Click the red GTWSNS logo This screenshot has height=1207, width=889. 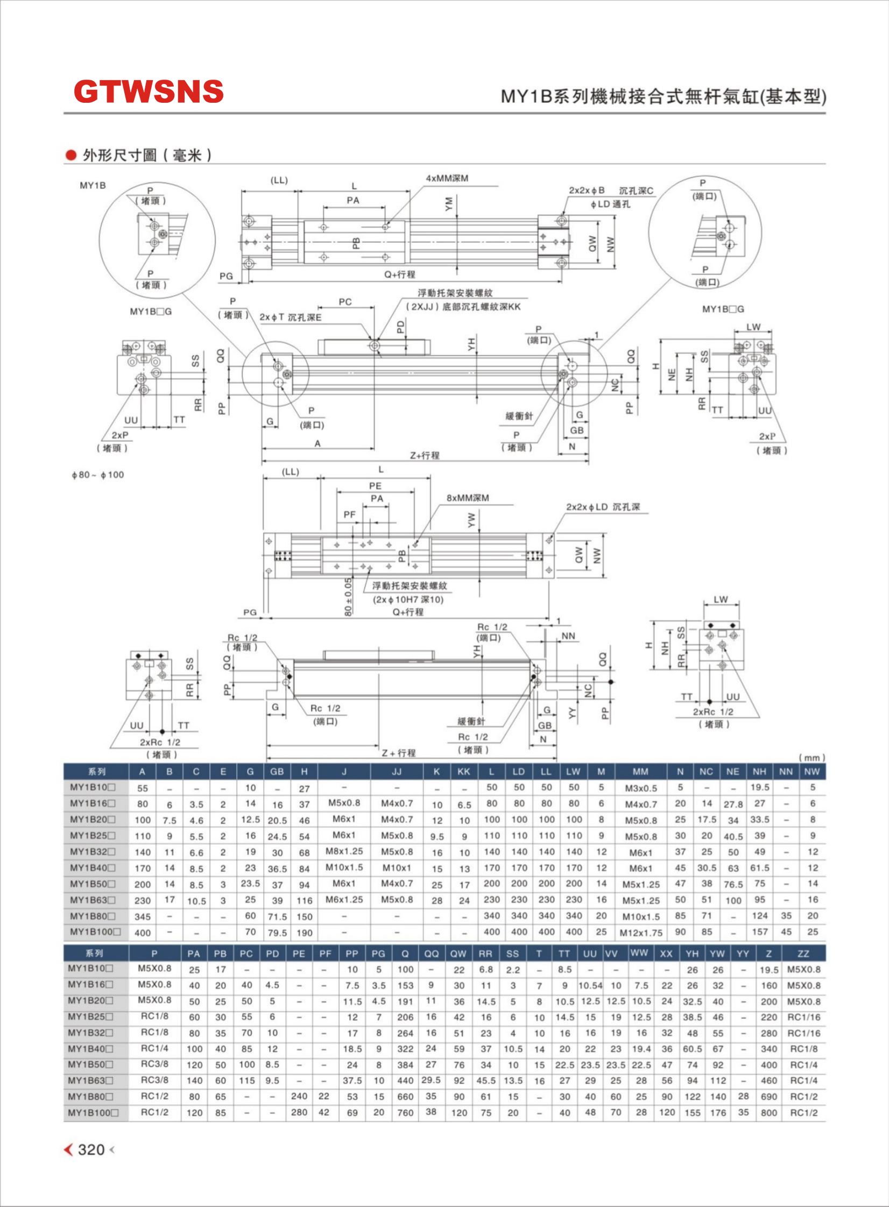pos(149,91)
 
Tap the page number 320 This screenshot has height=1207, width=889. pos(91,1149)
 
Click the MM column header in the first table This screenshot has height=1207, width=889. pos(640,772)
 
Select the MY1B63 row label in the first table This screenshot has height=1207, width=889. pos(93,900)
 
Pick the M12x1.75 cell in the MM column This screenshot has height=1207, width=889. pos(640,933)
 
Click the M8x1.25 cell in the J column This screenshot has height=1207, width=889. pos(344,851)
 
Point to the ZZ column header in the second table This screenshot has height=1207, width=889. pos(803,954)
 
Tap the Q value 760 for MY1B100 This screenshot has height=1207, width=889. pos(405,1112)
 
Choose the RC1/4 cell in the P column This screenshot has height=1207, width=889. pos(154,1048)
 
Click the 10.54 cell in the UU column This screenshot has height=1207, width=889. pos(590,985)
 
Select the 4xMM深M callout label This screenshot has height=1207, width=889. pos(447,178)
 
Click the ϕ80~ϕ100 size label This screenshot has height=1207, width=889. pos(97,475)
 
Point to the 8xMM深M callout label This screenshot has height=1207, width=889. pos(468,498)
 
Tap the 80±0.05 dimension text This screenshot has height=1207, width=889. pos(348,597)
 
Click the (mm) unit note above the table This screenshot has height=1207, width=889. pos(812,758)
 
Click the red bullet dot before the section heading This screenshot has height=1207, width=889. pos(70,155)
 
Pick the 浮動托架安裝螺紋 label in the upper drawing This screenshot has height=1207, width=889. pos(455,293)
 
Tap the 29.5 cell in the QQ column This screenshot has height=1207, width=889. pos(431,1080)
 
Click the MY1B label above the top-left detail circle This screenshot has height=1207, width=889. pos(93,185)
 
